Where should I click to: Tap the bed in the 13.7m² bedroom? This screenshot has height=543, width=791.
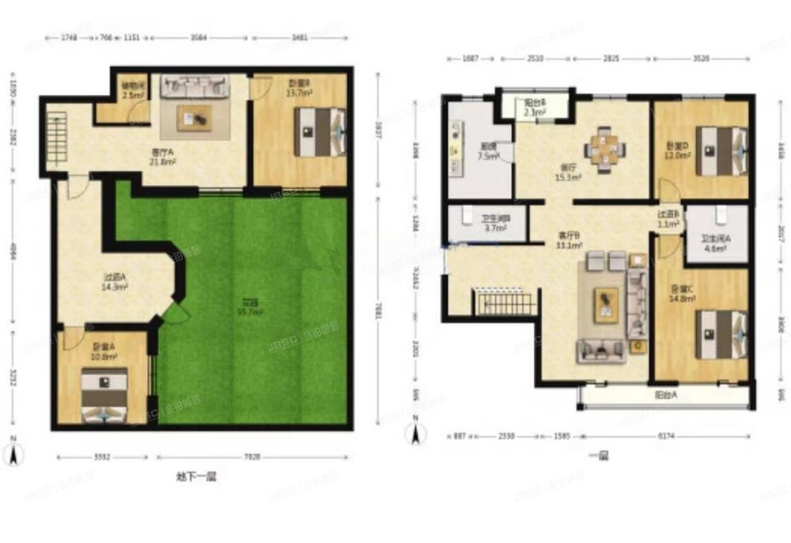coord(320,131)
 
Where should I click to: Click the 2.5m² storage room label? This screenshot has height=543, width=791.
coord(132,92)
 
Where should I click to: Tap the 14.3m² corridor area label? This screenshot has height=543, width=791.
coord(115,283)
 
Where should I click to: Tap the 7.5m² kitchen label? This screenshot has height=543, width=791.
coord(488,151)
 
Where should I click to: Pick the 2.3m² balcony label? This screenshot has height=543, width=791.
coord(534,108)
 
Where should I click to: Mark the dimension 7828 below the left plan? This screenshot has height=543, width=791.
coord(252,456)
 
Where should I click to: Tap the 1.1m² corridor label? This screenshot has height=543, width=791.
coord(668,219)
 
